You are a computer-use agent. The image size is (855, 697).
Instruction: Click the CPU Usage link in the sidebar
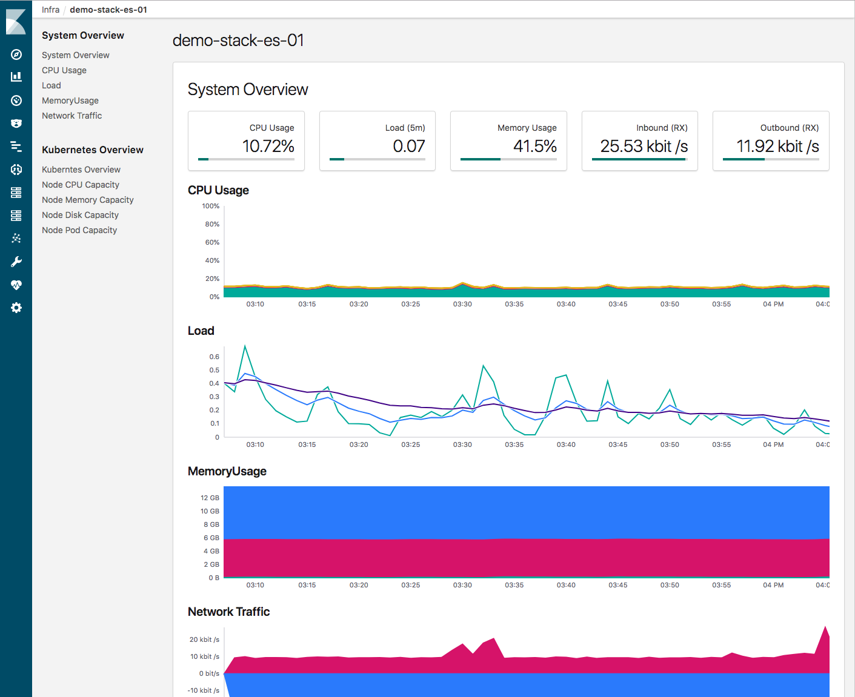point(64,70)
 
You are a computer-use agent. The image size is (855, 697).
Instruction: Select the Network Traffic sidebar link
point(72,116)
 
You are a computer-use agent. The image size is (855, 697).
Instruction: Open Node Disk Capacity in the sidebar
point(80,215)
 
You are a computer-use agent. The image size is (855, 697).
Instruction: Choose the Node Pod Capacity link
point(79,230)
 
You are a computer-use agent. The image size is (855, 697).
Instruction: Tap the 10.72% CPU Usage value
point(268,147)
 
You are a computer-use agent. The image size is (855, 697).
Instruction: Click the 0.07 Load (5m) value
point(408,147)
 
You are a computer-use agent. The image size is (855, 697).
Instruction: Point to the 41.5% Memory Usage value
point(534,147)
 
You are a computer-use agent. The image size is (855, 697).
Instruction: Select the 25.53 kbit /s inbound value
point(644,147)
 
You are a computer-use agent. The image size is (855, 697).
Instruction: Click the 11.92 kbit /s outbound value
point(777,147)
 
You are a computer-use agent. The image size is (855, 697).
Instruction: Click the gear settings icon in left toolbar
point(16,308)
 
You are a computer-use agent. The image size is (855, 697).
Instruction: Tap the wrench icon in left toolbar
point(16,262)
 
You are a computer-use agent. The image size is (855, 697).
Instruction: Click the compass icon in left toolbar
point(16,55)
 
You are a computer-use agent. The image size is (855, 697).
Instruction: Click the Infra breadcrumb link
point(51,10)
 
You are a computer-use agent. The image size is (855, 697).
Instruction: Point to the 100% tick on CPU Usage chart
point(210,206)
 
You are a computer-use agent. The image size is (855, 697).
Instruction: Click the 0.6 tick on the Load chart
point(214,357)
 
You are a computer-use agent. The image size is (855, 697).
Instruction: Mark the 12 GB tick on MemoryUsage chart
point(210,498)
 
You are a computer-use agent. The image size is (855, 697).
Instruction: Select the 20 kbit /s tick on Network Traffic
point(204,639)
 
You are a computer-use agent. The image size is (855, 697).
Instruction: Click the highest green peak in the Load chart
point(245,346)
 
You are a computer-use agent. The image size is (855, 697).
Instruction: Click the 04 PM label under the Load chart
point(773,444)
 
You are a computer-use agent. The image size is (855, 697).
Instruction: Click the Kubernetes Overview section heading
point(93,150)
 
